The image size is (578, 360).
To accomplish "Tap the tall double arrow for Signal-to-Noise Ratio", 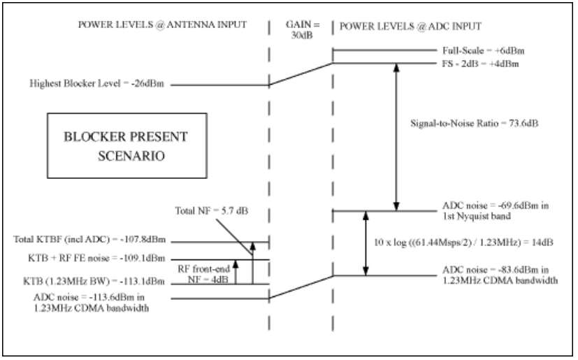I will (x=397, y=136).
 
